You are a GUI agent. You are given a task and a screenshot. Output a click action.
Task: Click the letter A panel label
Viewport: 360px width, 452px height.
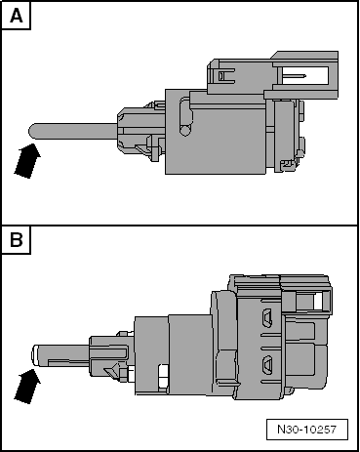point(17,16)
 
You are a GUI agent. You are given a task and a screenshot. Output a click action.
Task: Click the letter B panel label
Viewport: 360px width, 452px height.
point(17,240)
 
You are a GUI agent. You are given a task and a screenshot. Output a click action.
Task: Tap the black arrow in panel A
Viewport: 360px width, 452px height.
point(27,161)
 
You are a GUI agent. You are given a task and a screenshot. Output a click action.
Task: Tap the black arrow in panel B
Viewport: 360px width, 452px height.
point(27,387)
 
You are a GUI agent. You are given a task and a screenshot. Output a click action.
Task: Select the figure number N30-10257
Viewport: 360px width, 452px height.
point(306,430)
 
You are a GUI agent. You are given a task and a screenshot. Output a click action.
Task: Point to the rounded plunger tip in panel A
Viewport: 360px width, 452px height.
point(32,131)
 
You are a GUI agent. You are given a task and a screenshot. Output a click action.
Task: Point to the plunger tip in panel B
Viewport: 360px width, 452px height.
point(35,355)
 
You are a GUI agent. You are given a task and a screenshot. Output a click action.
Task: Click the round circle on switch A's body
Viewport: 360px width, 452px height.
point(185,131)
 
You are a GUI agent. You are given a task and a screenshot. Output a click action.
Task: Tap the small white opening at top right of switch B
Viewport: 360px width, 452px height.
point(318,302)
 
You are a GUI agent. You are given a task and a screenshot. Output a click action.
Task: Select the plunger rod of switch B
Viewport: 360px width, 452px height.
point(60,355)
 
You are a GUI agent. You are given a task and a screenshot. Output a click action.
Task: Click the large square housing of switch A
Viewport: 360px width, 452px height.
point(216,132)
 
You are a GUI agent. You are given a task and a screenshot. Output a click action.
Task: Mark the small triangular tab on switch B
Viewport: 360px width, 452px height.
point(111,372)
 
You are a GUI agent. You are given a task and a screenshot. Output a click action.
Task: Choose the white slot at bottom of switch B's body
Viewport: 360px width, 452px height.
point(163,377)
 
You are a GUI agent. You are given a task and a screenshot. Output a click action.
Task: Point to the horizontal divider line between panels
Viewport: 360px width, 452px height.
point(180,225)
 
